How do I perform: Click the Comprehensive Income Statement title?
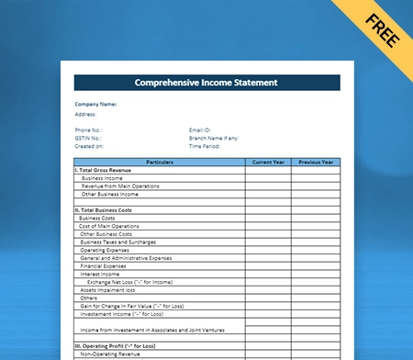206,83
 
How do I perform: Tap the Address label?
86,114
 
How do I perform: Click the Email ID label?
201,130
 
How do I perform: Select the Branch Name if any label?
213,138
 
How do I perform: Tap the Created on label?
90,146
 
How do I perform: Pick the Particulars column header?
159,163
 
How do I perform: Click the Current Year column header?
268,163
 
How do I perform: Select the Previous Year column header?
316,163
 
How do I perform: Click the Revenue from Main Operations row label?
120,186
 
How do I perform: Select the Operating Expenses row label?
105,250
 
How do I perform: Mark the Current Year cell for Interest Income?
268,274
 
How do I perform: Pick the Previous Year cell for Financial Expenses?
316,266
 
